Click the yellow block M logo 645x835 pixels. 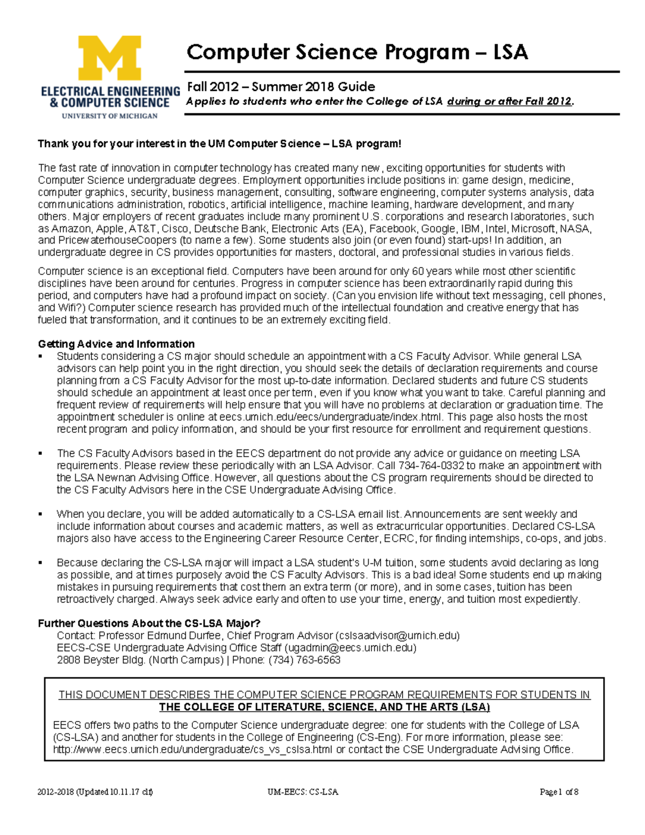pos(110,58)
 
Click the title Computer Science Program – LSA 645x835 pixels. pos(357,52)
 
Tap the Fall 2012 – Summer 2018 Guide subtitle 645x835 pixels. pos(281,87)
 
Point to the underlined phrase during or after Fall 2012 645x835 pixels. pos(509,101)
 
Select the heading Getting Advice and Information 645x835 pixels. pos(116,344)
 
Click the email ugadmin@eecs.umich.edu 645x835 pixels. pos(350,648)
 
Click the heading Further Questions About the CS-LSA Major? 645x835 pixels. pos(149,623)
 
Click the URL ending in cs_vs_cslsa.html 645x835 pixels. pos(192,750)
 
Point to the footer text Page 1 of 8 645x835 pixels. pos(559,792)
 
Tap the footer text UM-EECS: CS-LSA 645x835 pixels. pos(303,792)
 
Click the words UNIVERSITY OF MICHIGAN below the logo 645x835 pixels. pos(110,116)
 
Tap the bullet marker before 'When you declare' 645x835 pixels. pos(40,515)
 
